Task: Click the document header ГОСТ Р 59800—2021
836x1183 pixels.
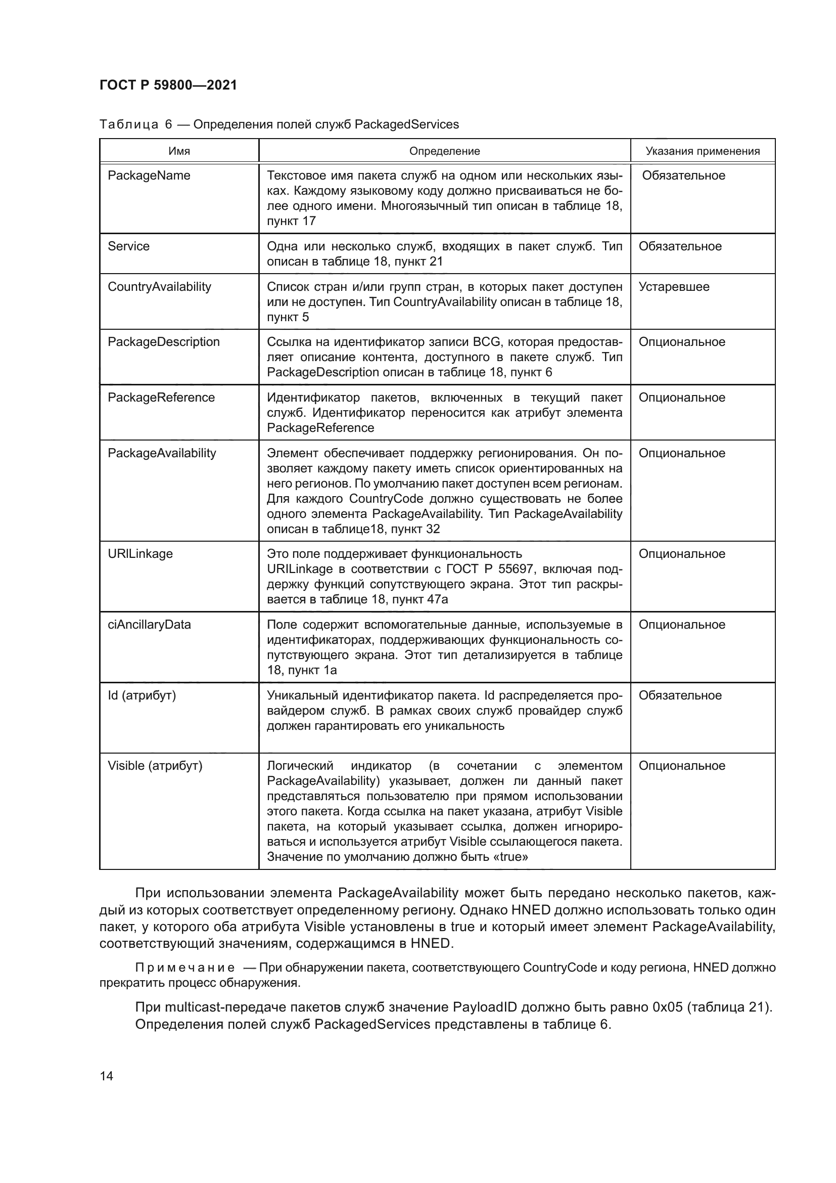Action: point(168,85)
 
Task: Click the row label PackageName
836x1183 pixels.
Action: point(149,176)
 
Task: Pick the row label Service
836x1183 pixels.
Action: point(128,246)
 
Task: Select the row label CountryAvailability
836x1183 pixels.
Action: point(159,287)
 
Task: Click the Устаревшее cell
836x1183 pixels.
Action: point(673,287)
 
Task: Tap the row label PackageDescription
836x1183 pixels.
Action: point(163,342)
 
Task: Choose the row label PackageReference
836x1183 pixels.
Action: point(161,398)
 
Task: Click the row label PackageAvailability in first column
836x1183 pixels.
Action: point(162,453)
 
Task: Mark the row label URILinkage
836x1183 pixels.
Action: point(140,554)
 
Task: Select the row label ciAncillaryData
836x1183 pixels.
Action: point(149,625)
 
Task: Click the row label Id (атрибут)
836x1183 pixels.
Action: point(142,695)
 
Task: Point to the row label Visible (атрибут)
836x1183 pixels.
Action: point(155,766)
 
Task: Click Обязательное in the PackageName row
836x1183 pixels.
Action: point(683,176)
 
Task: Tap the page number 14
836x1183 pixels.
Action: point(107,1076)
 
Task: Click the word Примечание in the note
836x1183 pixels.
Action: point(185,968)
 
